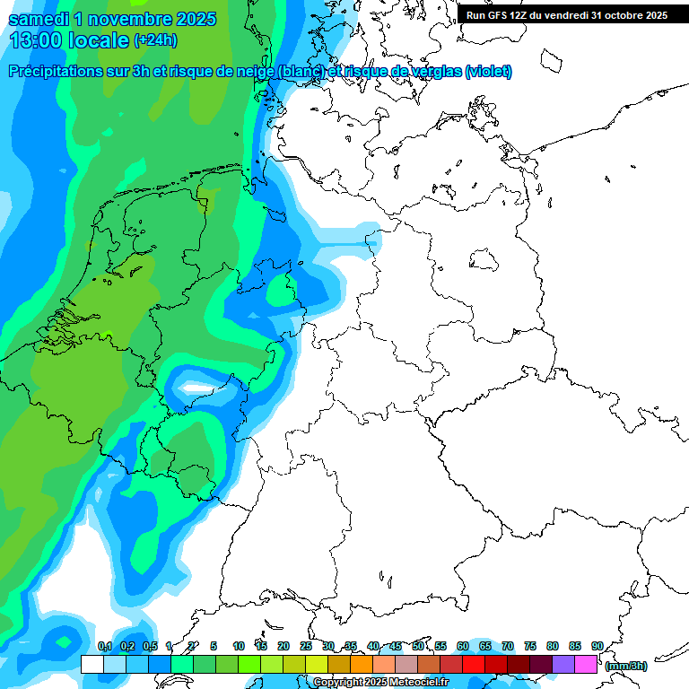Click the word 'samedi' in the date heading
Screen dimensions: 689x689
click(x=37, y=19)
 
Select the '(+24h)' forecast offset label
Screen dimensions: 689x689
click(x=155, y=40)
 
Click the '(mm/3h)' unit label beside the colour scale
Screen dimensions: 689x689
click(x=626, y=666)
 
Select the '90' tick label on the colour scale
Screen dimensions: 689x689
click(x=597, y=646)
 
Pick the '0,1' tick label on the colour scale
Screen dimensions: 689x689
click(x=104, y=646)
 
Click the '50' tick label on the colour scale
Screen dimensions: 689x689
click(x=418, y=646)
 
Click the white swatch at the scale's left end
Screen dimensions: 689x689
click(x=92, y=664)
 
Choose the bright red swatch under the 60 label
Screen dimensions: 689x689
click(x=474, y=664)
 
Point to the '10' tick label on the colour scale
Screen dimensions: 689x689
click(x=239, y=646)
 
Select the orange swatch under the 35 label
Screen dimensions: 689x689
click(x=362, y=664)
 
